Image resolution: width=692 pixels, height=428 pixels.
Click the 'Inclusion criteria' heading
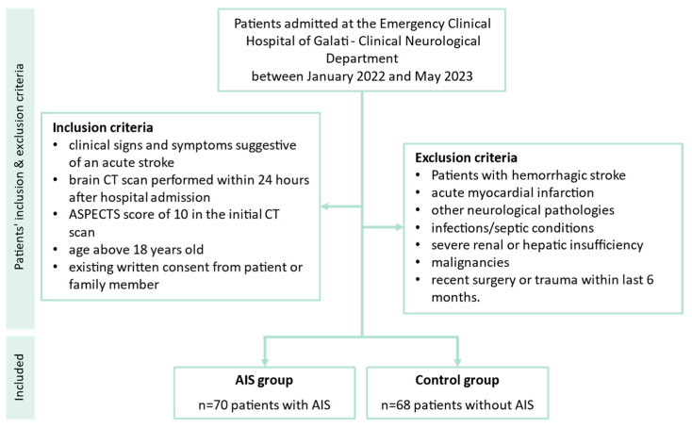103,127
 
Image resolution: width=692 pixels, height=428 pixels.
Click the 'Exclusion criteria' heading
466,157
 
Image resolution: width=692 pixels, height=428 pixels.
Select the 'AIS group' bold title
264,380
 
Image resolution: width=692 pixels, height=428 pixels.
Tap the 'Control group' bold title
457,380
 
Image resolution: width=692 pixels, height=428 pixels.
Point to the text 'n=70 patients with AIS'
264,404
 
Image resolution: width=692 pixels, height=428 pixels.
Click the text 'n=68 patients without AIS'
457,404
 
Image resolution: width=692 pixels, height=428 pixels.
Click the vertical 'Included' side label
19,377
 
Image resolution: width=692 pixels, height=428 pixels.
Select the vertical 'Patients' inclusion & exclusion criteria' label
19,167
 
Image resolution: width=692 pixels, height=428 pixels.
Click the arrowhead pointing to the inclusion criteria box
324,206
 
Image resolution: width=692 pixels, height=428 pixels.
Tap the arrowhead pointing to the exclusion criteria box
400,227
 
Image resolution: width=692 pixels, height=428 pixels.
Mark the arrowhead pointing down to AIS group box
265,362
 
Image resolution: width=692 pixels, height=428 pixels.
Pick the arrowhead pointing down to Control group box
457,362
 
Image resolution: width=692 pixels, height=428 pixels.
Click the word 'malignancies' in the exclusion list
470,262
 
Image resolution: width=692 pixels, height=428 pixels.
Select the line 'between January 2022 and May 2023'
362,76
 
